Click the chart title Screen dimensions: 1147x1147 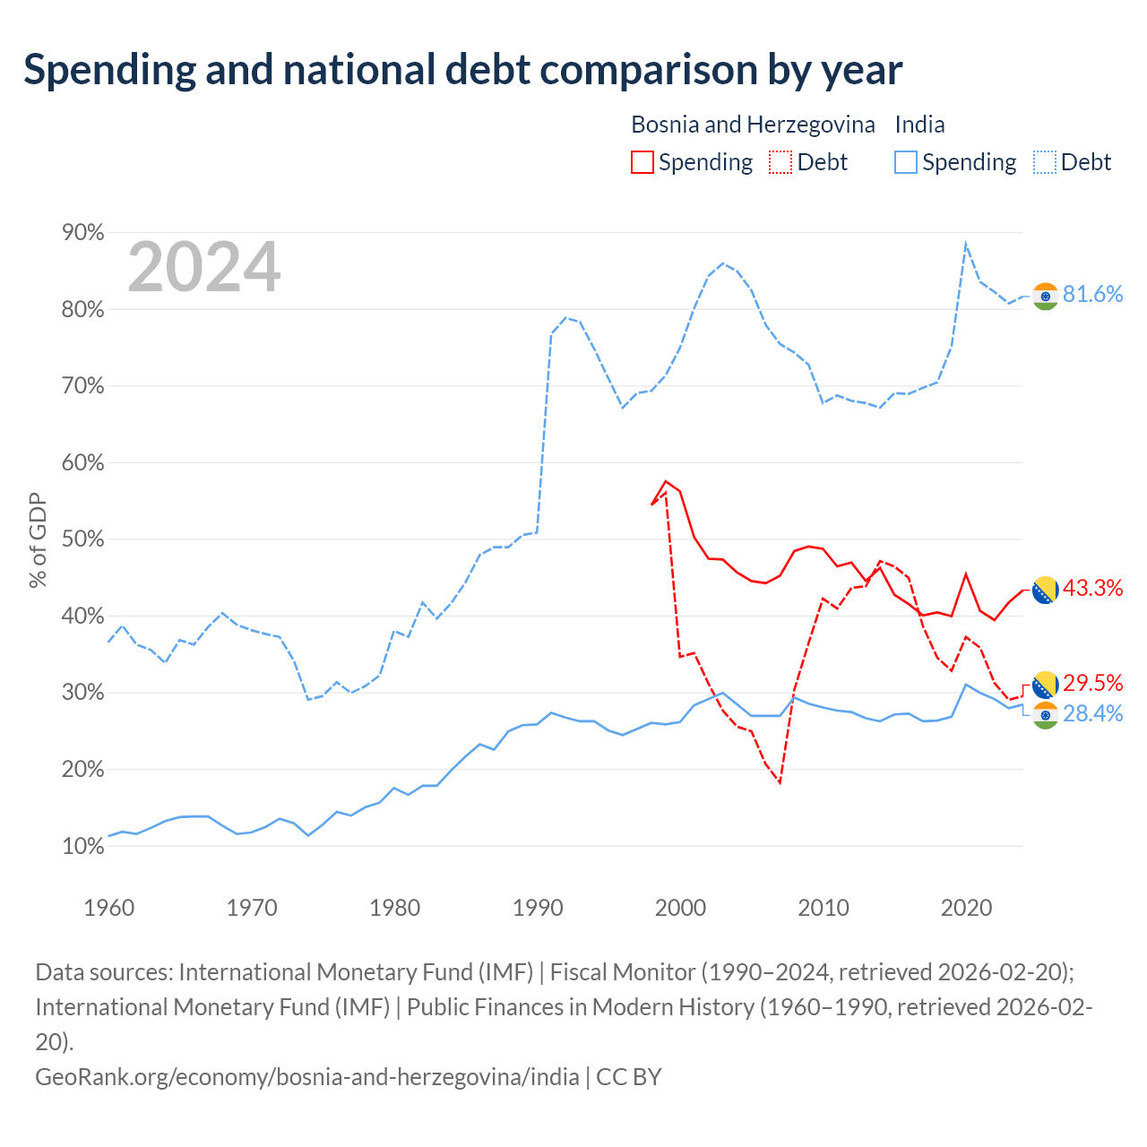tap(462, 70)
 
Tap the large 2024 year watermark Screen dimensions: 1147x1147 tap(203, 266)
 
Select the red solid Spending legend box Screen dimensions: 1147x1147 tap(642, 162)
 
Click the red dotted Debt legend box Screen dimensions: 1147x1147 tap(780, 162)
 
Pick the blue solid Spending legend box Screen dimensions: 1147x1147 tap(905, 162)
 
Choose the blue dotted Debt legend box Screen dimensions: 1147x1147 tap(1044, 162)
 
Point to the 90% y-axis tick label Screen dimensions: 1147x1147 tap(82, 232)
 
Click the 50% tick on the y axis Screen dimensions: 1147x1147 tap(82, 539)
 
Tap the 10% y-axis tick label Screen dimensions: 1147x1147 tap(82, 846)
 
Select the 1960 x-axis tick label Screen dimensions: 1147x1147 tap(109, 908)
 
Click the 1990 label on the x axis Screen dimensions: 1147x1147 tap(538, 908)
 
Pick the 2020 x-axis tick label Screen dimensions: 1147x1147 tap(966, 908)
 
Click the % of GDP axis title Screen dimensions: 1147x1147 tap(38, 539)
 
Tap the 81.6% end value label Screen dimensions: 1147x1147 tap(1092, 294)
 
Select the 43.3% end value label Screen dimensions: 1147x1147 tap(1092, 588)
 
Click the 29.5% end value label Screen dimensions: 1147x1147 tap(1092, 683)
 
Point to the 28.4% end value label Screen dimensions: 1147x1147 tap(1092, 713)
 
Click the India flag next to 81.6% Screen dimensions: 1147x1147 tap(1045, 297)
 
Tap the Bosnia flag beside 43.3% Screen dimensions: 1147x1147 tap(1045, 590)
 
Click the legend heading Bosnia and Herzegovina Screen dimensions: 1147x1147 tap(753, 125)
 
